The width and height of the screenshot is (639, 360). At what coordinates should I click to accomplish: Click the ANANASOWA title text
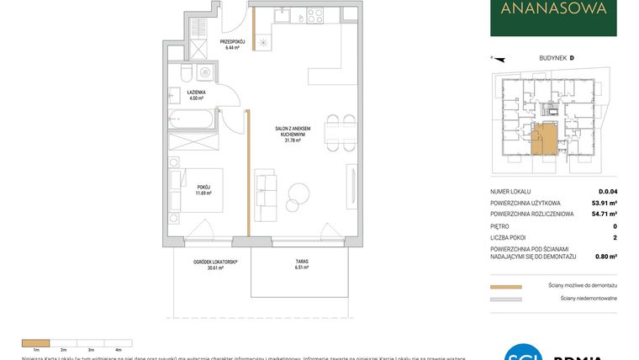point(553,10)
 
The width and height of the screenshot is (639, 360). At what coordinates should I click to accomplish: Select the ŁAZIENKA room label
point(197,95)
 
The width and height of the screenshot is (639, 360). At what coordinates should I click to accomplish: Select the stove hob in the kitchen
point(315,14)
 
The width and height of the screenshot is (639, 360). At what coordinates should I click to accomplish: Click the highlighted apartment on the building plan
point(543,138)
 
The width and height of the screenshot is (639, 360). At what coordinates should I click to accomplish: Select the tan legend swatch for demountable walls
point(505,286)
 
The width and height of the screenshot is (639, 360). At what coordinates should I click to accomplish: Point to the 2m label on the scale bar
point(63,348)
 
